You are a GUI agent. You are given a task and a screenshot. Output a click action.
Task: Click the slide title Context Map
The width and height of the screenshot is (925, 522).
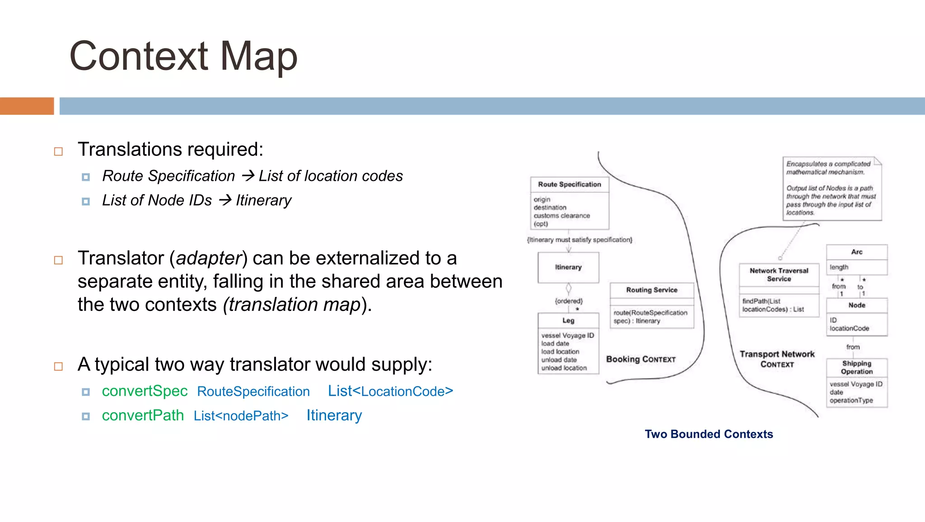(x=183, y=56)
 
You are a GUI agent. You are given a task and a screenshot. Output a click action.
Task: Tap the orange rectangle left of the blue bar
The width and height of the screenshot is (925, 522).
(x=27, y=106)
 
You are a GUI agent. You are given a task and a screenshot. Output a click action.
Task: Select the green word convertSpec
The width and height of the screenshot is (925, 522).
(x=145, y=391)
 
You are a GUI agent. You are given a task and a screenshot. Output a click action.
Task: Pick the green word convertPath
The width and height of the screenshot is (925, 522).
(x=143, y=415)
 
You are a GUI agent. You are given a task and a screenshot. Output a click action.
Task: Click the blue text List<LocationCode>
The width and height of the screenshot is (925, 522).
(x=390, y=391)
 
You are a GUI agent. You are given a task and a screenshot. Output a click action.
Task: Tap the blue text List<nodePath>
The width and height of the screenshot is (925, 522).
(x=241, y=416)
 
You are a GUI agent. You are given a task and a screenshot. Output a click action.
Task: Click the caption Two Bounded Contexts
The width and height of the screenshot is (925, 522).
(x=709, y=434)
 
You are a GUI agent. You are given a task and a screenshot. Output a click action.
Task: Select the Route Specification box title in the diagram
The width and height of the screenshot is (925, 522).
(x=569, y=184)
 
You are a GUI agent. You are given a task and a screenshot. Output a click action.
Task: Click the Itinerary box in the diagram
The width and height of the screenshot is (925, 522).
(x=568, y=267)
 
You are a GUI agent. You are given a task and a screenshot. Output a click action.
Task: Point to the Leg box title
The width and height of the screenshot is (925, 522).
(x=568, y=320)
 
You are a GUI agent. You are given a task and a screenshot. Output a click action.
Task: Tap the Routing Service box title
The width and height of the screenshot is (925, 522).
(x=651, y=290)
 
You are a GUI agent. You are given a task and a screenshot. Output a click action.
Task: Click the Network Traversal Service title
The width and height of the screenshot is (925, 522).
(x=779, y=275)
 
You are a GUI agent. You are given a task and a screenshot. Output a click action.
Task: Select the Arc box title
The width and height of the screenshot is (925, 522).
(x=856, y=252)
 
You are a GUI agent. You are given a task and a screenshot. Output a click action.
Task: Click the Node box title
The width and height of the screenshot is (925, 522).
(x=856, y=305)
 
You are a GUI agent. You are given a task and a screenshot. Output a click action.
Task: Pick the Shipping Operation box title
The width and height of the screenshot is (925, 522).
(x=856, y=367)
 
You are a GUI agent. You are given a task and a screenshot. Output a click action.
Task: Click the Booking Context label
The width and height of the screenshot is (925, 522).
(x=640, y=359)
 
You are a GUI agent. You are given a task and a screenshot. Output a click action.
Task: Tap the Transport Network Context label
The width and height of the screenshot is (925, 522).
(x=777, y=359)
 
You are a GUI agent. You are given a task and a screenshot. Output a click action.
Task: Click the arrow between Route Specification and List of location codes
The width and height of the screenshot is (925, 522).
(x=248, y=175)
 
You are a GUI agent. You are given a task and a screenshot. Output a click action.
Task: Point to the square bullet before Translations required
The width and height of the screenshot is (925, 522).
(x=58, y=151)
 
